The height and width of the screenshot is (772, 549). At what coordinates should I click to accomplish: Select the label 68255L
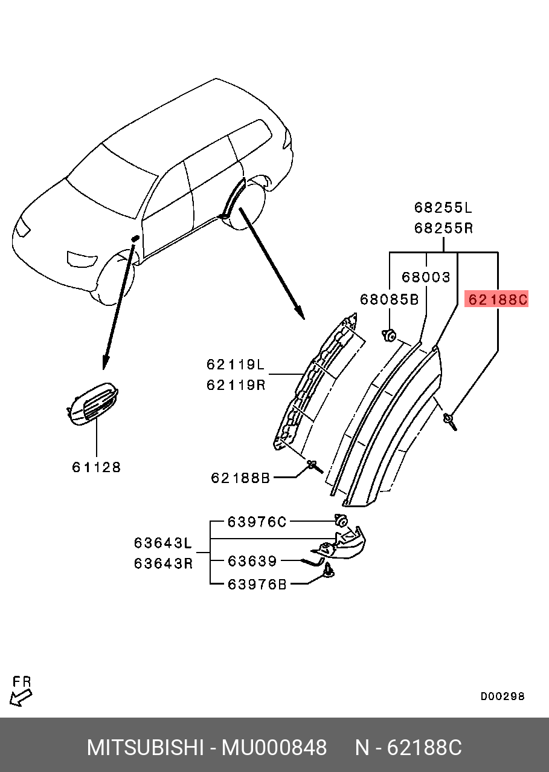point(443,208)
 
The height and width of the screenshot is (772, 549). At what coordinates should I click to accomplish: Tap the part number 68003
point(426,277)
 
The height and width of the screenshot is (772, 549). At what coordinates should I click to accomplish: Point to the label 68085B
point(389,299)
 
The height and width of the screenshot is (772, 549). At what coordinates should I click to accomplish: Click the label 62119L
point(236,365)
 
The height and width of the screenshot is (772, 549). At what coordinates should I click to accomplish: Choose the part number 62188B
point(240,478)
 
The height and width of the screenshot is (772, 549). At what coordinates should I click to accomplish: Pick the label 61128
point(97,467)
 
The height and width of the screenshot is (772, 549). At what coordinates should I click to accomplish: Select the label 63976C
point(257,522)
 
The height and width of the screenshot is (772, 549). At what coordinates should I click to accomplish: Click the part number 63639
point(252,562)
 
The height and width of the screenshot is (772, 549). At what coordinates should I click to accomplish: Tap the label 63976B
point(257,584)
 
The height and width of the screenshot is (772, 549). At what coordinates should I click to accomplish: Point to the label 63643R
point(163,563)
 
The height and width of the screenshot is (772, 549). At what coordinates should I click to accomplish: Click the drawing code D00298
point(502,696)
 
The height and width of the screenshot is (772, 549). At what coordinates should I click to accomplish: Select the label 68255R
point(443,229)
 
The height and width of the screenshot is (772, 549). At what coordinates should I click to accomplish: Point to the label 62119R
point(236,385)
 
